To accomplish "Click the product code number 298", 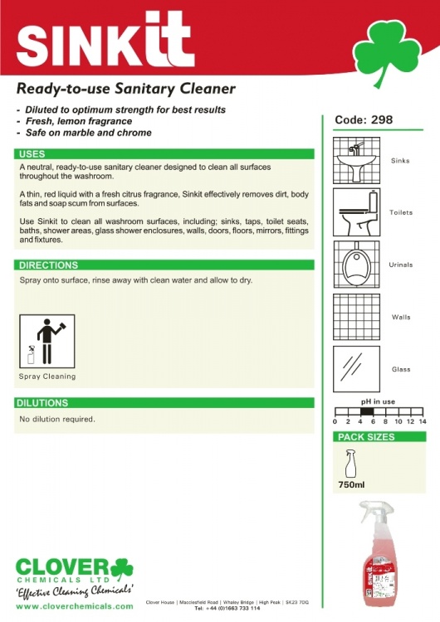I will coord(381,120).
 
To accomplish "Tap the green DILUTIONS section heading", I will coord(44,403).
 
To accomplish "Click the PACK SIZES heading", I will coord(366,437).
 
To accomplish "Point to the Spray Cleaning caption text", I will coord(46,377).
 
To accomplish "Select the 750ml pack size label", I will coord(351,484).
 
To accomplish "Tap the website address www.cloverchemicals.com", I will coord(75,606).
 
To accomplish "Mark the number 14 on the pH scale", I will coord(423,422).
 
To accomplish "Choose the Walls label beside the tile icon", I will coord(401,318).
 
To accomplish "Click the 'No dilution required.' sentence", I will coord(57,419).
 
